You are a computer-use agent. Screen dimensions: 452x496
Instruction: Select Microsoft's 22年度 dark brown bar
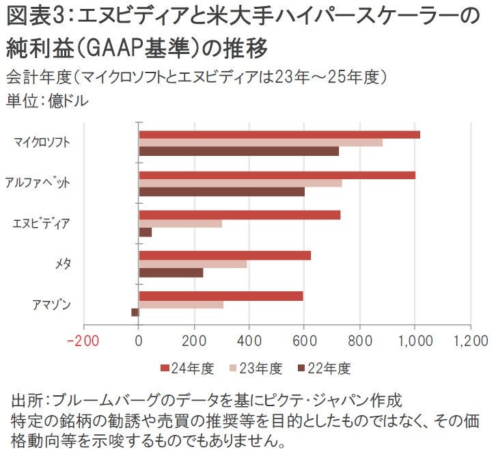tap(238, 151)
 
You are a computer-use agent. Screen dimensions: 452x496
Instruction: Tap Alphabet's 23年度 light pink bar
tap(240, 183)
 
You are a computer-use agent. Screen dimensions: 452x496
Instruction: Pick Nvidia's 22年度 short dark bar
tap(145, 232)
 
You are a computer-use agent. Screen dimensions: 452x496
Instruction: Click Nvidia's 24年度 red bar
tap(239, 215)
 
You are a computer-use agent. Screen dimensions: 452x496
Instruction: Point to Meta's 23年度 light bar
tap(193, 264)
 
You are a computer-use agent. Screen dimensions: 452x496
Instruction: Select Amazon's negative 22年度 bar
tap(135, 313)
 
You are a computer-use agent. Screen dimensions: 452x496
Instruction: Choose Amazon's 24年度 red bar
tap(221, 296)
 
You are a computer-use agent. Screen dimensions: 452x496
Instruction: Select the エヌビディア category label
tap(42, 224)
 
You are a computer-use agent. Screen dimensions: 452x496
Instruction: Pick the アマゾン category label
tap(53, 304)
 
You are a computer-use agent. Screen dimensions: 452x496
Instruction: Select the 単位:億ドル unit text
tap(48, 101)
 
